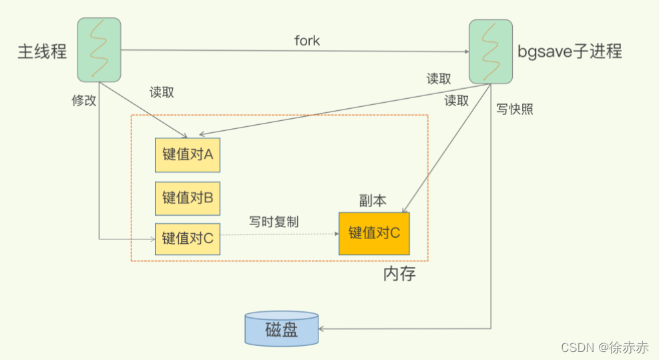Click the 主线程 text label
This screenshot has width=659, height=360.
click(42, 51)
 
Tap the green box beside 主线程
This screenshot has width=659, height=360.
click(99, 49)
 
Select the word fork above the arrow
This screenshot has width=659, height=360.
click(307, 41)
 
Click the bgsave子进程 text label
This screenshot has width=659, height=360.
click(570, 51)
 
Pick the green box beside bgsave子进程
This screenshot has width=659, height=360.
click(491, 51)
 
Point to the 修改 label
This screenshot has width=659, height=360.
click(84, 101)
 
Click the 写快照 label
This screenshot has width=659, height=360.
click(514, 110)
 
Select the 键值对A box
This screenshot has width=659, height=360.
click(188, 155)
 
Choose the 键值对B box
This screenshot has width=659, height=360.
click(188, 198)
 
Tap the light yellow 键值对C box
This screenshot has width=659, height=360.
click(188, 238)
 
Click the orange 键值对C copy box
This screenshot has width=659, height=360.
click(374, 233)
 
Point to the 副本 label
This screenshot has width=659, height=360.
click(373, 200)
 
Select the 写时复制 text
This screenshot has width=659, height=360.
click(274, 222)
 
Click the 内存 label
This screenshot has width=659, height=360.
click(399, 274)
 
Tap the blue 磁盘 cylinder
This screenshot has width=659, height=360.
click(281, 329)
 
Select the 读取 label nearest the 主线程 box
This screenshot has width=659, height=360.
click(162, 93)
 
